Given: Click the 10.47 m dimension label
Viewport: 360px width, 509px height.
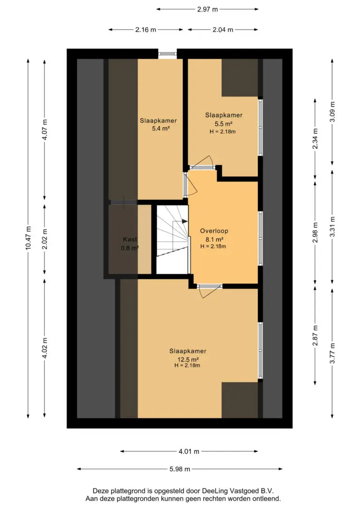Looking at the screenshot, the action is point(28,238).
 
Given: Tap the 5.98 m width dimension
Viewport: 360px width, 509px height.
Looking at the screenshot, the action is point(180,469).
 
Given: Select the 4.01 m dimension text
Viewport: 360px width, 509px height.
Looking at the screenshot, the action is point(189,451).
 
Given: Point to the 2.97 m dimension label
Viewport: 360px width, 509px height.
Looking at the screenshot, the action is point(208,9).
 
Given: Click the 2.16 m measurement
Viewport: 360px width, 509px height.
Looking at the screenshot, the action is point(146,30).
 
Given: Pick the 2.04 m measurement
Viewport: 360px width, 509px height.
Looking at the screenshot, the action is point(223,30).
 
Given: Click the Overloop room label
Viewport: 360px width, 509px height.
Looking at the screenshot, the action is point(214,231).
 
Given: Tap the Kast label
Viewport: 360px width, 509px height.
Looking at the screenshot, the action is point(130,239).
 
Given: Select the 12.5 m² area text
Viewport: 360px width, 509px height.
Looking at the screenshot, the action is point(188,359).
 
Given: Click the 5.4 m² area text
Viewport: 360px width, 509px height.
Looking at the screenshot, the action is point(161,128).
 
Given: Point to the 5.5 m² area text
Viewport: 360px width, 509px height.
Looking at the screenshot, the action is point(223,124).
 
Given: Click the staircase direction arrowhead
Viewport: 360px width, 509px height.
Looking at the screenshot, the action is point(185,221).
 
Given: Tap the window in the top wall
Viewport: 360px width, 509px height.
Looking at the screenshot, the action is point(167,54).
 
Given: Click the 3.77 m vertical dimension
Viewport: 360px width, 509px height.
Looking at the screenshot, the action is point(332,353).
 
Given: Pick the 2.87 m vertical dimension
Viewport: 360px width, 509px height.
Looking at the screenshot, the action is point(315,335).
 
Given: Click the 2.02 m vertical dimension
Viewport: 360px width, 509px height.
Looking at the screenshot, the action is point(45,239).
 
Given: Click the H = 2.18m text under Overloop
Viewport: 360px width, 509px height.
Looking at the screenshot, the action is point(213,246).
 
